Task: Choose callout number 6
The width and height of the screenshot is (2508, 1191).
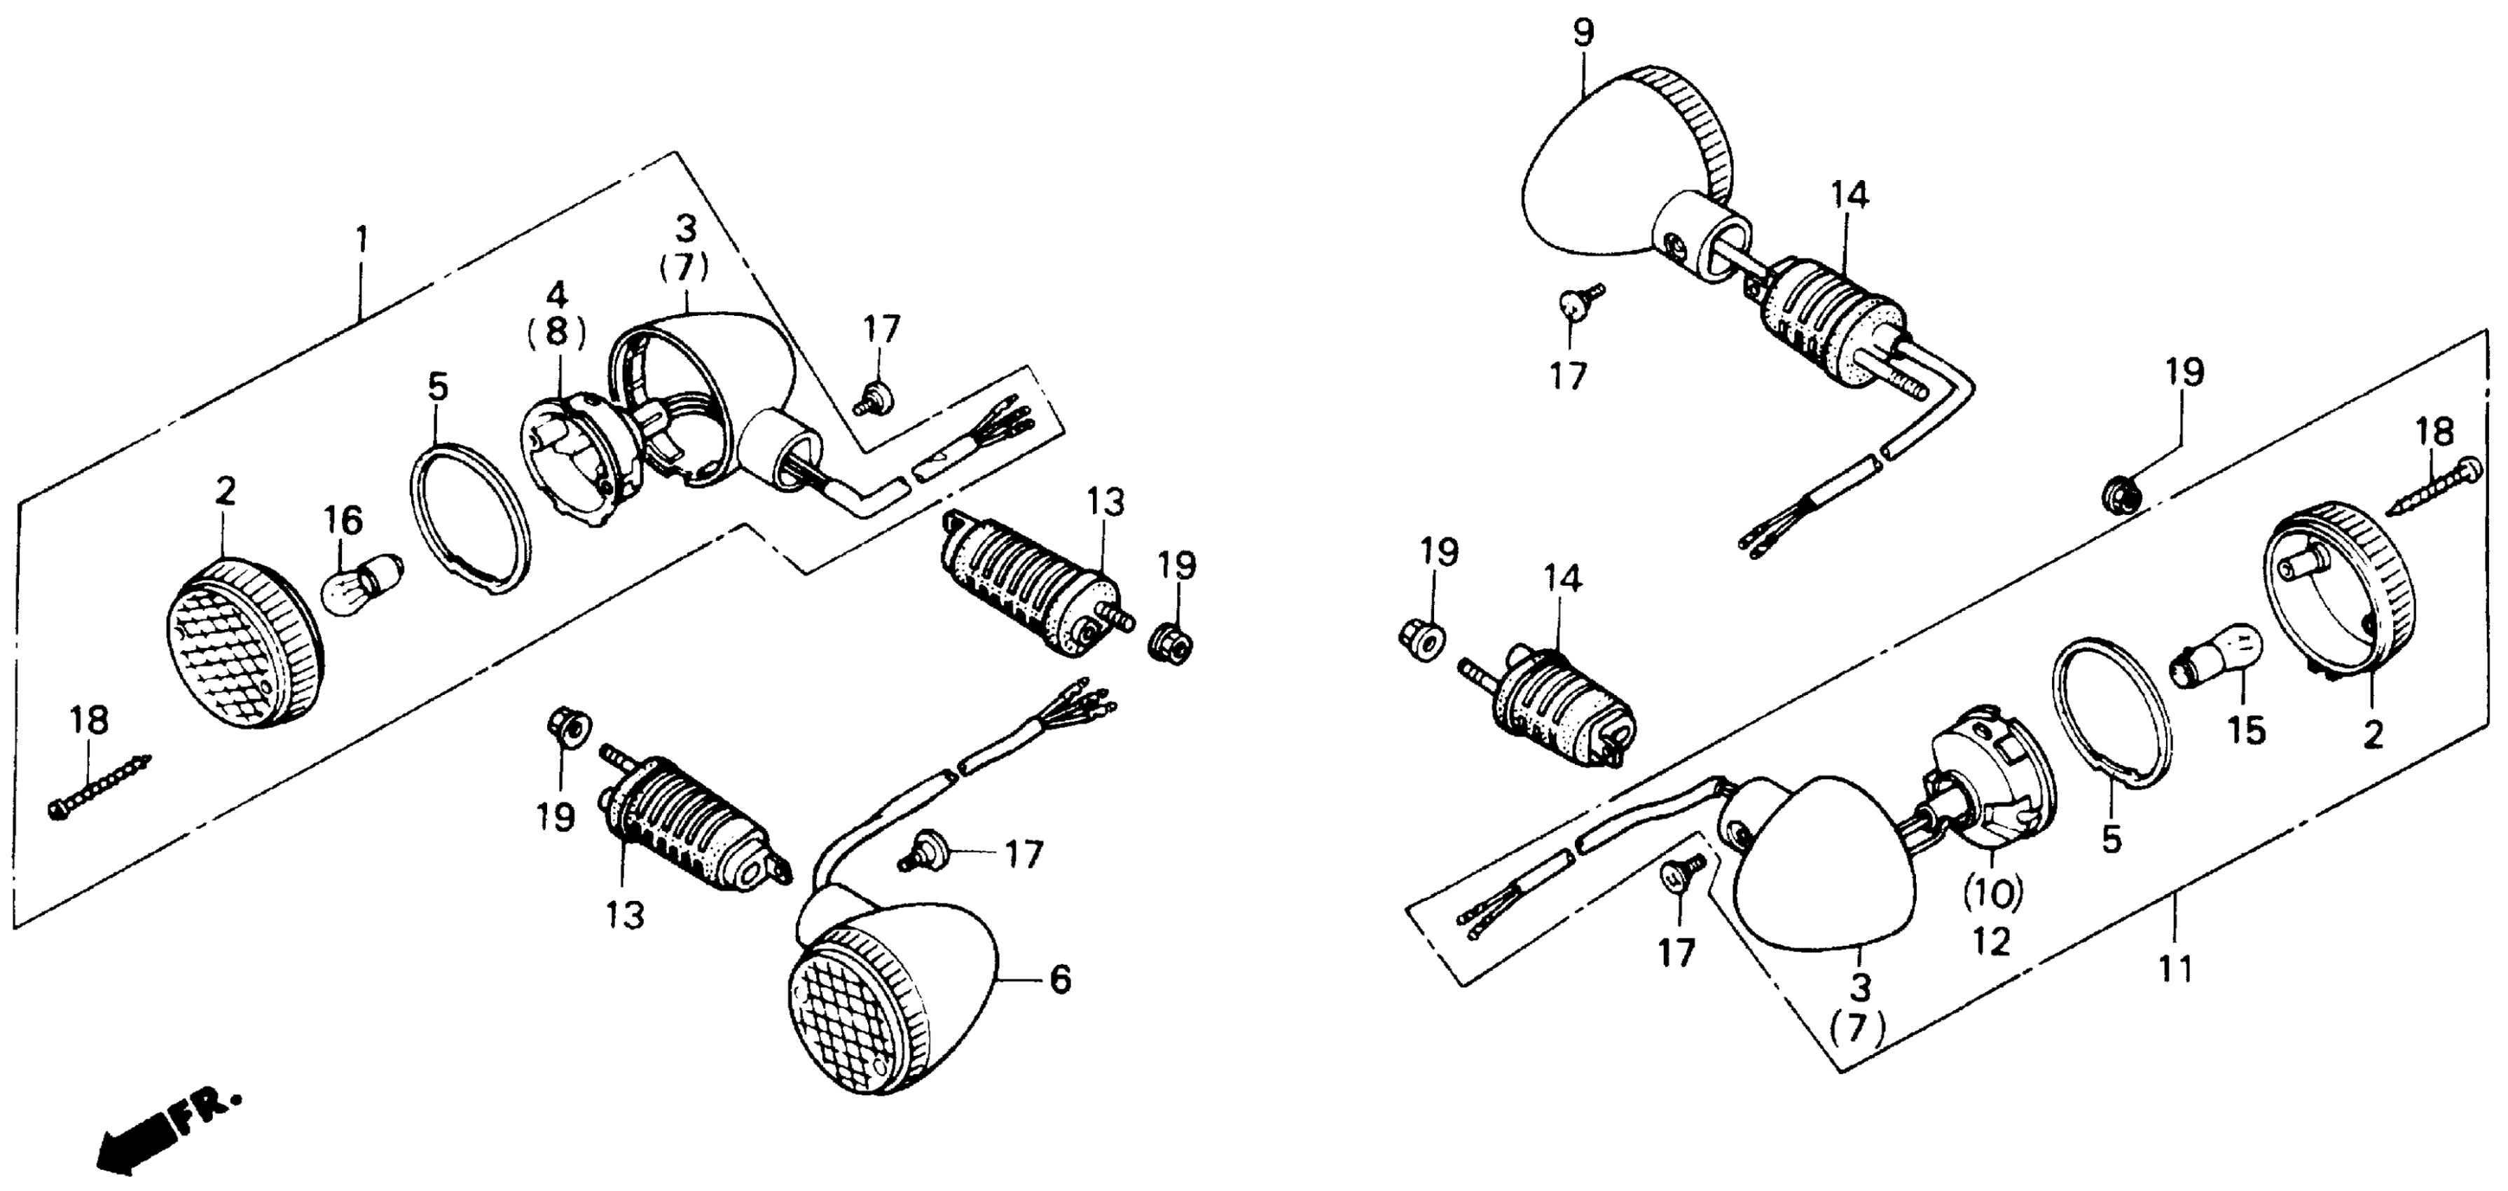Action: tap(1060, 979)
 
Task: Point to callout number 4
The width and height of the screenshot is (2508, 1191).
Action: tap(556, 294)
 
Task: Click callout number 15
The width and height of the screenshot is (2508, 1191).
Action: tap(2247, 731)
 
